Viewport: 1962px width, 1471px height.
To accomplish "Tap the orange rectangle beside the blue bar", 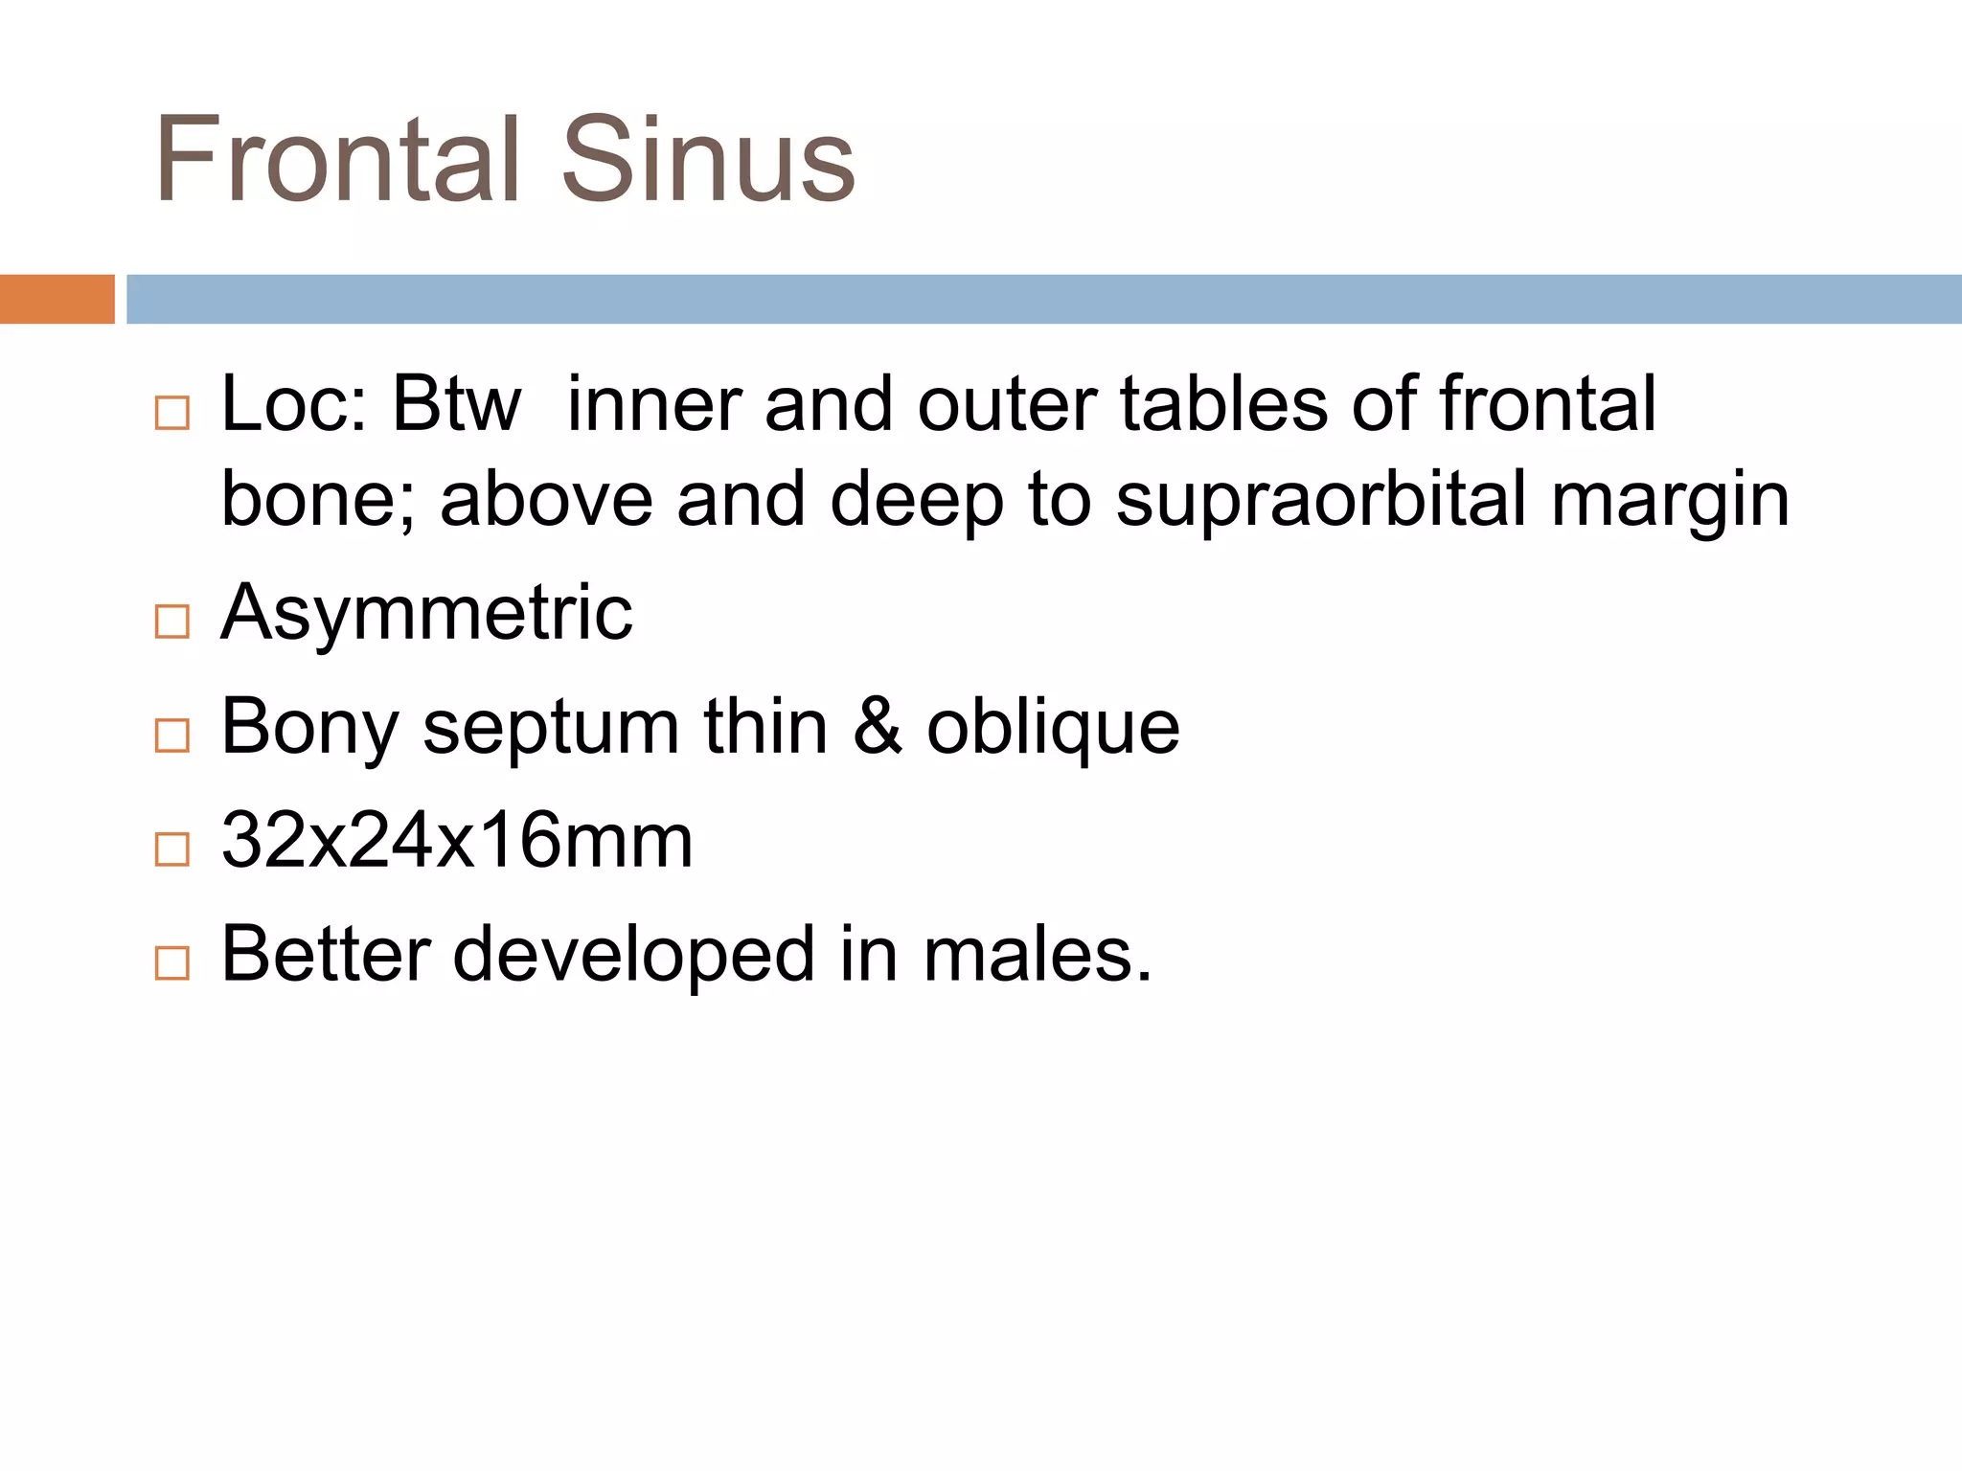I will click(57, 299).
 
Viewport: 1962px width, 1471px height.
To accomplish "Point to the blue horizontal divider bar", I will click(1043, 299).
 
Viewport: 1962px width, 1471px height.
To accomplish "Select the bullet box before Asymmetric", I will click(172, 622).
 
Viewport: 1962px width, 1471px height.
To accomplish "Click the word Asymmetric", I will click(426, 612).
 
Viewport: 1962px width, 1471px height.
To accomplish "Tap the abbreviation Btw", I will click(457, 404).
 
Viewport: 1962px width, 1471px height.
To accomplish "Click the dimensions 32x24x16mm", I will click(457, 841).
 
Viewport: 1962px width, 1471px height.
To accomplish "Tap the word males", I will click(1037, 955).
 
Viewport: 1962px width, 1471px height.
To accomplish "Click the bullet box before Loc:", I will click(172, 414).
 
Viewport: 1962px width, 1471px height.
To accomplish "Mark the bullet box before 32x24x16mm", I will click(172, 849).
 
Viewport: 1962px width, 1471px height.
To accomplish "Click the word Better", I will click(326, 955).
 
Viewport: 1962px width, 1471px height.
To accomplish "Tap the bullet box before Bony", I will click(172, 735).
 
